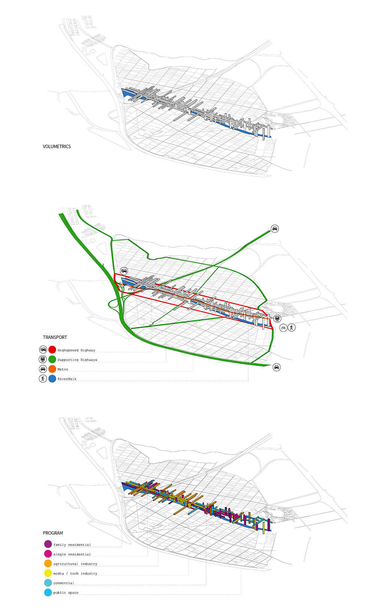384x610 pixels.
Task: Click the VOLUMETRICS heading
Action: click(x=57, y=147)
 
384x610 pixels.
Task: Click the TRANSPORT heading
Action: click(x=55, y=337)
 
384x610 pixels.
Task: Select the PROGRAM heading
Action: click(x=53, y=533)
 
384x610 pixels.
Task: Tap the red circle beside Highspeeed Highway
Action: click(x=52, y=350)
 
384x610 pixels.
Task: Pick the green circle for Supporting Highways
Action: click(x=52, y=360)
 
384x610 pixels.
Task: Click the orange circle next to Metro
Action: click(x=52, y=369)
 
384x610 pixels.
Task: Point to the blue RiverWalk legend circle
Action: click(x=52, y=379)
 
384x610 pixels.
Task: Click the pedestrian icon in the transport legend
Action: click(x=43, y=379)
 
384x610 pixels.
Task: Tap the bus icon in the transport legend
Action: click(x=43, y=360)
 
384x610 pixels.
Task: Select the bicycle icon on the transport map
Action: click(x=283, y=328)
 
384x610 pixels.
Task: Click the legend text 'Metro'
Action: click(x=63, y=369)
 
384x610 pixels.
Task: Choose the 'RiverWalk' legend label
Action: click(x=67, y=379)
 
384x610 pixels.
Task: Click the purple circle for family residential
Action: click(x=48, y=544)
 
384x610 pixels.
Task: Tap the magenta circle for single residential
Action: click(x=48, y=554)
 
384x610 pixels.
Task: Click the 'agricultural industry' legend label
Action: click(x=75, y=564)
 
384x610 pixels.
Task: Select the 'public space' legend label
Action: click(x=66, y=593)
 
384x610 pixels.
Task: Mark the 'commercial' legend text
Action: click(x=63, y=583)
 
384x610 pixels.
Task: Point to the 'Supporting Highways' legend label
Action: click(x=77, y=360)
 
